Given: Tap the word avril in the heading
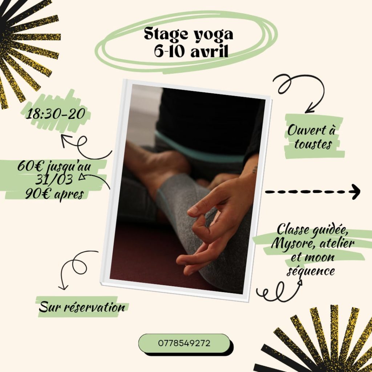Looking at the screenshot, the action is [x=209, y=51].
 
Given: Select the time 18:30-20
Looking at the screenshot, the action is [x=56, y=114].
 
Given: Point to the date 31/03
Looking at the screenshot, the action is [x=54, y=180].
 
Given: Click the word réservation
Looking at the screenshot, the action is [x=95, y=307].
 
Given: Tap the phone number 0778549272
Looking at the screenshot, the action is [x=184, y=343].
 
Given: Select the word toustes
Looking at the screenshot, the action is [x=313, y=144].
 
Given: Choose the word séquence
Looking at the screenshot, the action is [x=311, y=271].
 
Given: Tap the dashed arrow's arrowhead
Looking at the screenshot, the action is [x=356, y=192].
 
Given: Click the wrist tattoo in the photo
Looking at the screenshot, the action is [x=255, y=169].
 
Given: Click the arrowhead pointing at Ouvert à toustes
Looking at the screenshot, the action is [x=309, y=110].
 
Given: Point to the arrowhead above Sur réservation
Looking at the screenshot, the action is [x=63, y=287].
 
